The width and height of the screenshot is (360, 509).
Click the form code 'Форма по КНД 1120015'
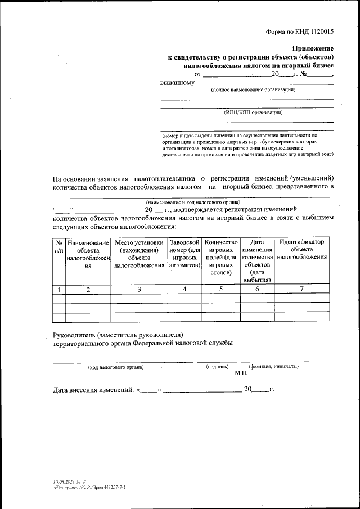(x=300, y=32)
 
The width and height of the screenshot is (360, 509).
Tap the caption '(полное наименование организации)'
(x=253, y=90)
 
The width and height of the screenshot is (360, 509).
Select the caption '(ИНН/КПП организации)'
(x=253, y=112)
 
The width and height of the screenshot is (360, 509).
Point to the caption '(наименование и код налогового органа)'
(x=193, y=202)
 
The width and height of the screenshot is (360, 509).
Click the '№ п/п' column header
(x=58, y=245)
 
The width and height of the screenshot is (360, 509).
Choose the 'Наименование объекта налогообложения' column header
(x=88, y=254)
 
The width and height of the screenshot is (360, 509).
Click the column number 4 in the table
(x=185, y=289)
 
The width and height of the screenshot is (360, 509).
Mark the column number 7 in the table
(x=301, y=289)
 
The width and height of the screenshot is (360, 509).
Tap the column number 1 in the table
(x=58, y=290)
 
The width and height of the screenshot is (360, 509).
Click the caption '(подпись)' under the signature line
(x=217, y=367)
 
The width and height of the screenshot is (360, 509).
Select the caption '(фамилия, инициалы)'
(x=274, y=366)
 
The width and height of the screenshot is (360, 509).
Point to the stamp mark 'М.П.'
(x=242, y=373)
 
